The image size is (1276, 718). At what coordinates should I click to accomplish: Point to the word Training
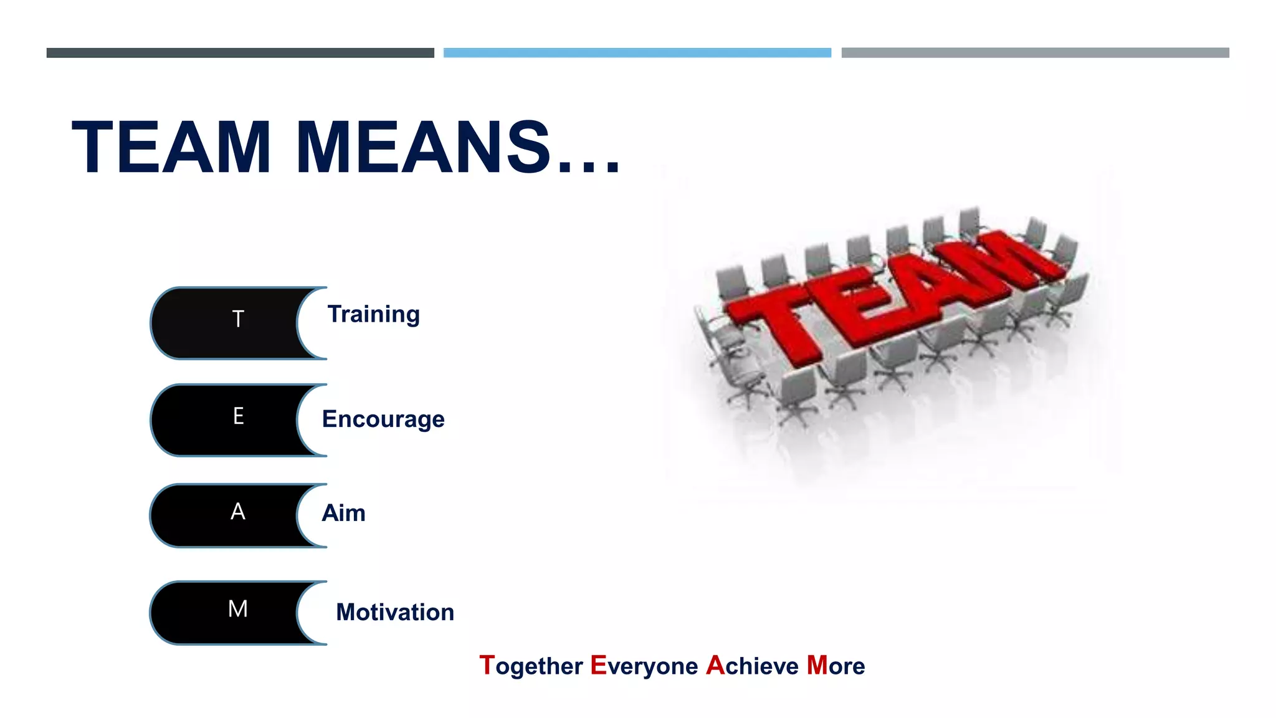pyautogui.click(x=373, y=315)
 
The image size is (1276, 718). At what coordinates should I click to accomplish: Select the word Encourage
pyautogui.click(x=383, y=419)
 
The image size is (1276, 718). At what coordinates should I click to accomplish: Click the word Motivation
pyautogui.click(x=395, y=612)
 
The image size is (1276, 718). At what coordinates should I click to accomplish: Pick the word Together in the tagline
pyautogui.click(x=531, y=666)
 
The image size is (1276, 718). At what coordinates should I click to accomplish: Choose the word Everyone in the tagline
pyautogui.click(x=644, y=666)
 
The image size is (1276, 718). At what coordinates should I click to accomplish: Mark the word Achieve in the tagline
pyautogui.click(x=752, y=666)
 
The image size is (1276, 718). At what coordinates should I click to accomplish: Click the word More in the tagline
pyautogui.click(x=836, y=666)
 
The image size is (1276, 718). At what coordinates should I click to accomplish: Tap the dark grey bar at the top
pyautogui.click(x=240, y=53)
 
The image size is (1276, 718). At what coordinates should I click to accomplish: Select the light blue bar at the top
pyautogui.click(x=637, y=53)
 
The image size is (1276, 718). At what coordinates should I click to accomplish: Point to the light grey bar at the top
pyautogui.click(x=1035, y=53)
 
